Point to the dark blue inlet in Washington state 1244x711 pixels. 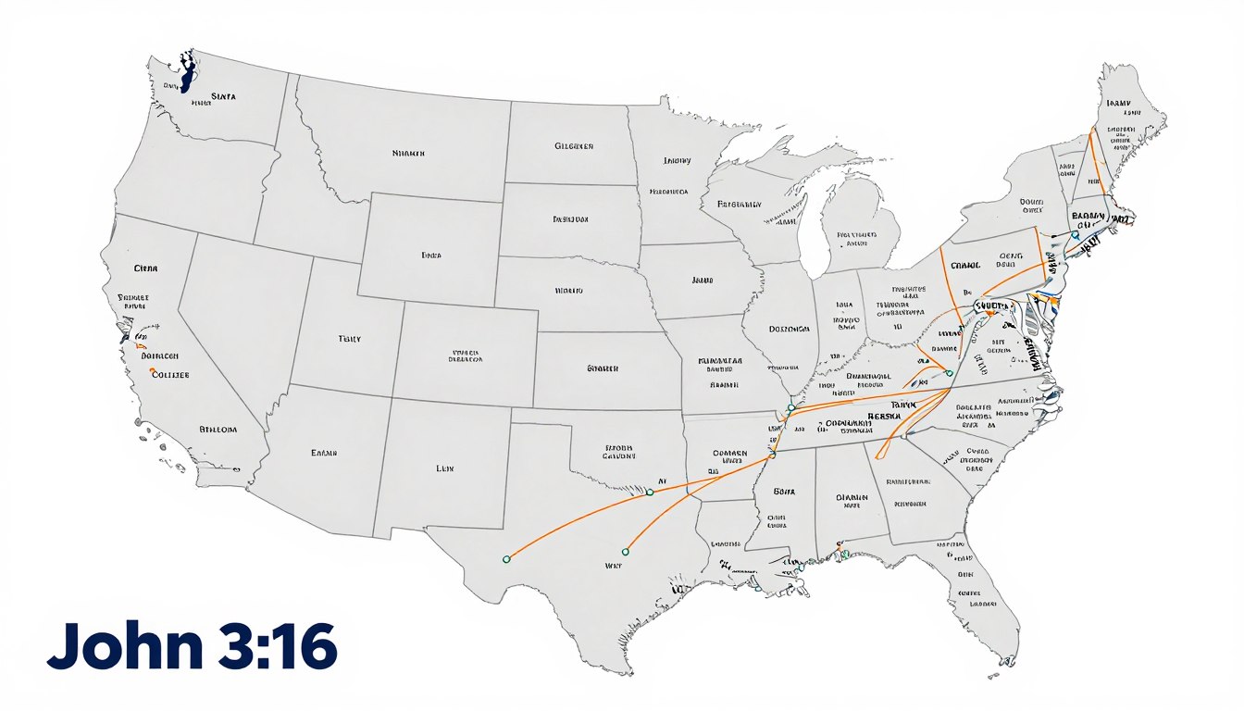(x=187, y=72)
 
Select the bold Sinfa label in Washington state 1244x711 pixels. (x=223, y=94)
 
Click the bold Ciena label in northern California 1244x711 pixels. (x=146, y=268)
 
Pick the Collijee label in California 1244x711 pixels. (x=169, y=375)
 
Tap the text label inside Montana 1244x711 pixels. (x=408, y=154)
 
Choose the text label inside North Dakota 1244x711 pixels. (x=574, y=146)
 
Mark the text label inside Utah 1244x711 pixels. (x=350, y=340)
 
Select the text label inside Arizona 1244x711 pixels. (x=323, y=454)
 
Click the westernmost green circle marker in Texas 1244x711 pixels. (x=505, y=559)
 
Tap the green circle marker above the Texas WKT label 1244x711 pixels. (x=625, y=551)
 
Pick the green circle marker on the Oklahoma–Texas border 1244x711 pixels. (x=650, y=493)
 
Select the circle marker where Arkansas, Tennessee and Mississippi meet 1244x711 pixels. (x=773, y=455)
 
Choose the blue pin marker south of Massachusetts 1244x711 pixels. (x=1074, y=235)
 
